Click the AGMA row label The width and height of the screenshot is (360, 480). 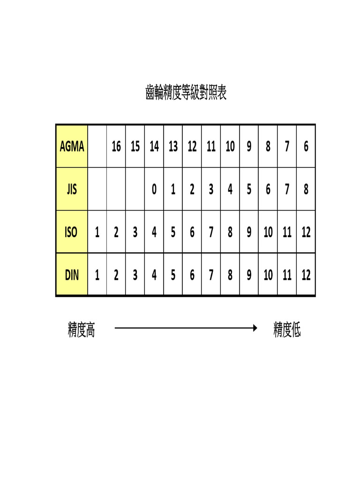click(72, 146)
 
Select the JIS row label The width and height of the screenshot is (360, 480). click(72, 189)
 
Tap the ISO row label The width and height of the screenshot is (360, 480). click(71, 232)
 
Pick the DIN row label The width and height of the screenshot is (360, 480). click(72, 275)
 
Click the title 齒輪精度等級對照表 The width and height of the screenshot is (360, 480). click(186, 92)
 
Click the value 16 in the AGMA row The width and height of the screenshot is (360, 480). click(116, 146)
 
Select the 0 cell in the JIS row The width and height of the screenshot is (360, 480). click(154, 189)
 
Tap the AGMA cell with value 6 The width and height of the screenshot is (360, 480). click(306, 146)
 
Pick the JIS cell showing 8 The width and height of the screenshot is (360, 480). click(306, 189)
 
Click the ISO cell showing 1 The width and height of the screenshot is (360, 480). click(97, 232)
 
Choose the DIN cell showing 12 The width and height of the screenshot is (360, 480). click(306, 275)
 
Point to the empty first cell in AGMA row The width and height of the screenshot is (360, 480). click(97, 146)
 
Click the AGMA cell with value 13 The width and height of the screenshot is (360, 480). click(173, 146)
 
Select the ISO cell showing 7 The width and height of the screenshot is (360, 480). click(211, 232)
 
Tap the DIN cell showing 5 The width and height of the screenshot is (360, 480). click(173, 275)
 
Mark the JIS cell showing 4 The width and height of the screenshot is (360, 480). click(230, 189)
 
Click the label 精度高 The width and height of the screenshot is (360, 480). click(82, 330)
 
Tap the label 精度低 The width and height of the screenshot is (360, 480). click(287, 330)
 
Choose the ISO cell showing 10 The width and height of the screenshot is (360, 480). click(268, 232)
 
